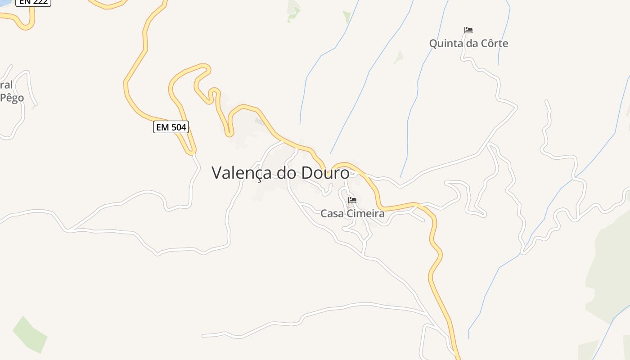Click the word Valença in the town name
coord(242,173)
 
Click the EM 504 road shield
coord(171,127)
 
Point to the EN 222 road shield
coord(34,2)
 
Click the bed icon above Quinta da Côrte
coord(468,30)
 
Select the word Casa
coord(332,213)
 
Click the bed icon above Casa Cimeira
coord(352,200)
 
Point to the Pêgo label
coord(12,98)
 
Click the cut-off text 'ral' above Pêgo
coord(6,85)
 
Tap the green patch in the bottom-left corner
coord(29,334)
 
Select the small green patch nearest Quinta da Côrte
coord(399,57)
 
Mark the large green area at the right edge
coord(610,270)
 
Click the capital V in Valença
coord(217,173)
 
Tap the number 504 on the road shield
coord(178,127)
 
